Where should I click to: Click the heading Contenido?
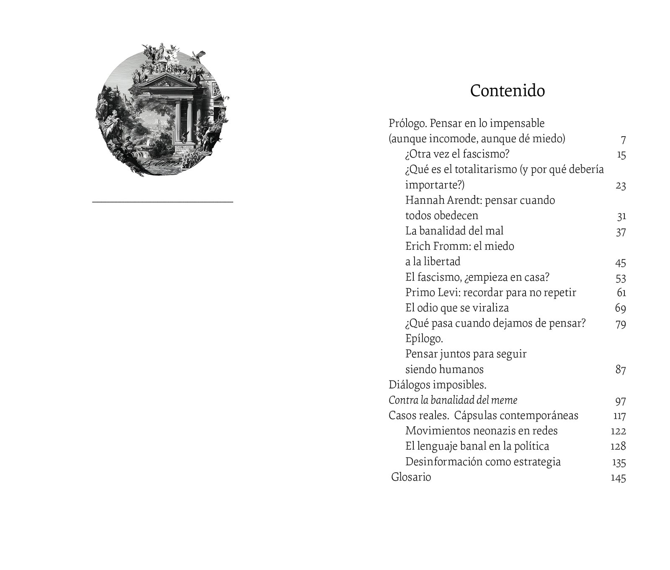507,91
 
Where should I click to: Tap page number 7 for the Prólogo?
623,140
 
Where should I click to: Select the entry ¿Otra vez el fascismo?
457,154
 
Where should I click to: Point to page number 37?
621,232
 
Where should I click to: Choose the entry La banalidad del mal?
454,231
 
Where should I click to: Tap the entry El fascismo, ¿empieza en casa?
477,277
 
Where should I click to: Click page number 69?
620,308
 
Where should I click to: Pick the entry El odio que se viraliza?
457,308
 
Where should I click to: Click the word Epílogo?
424,339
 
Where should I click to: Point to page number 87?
620,370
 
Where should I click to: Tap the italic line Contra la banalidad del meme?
453,400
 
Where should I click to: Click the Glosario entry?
411,477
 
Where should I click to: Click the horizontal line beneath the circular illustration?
162,202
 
